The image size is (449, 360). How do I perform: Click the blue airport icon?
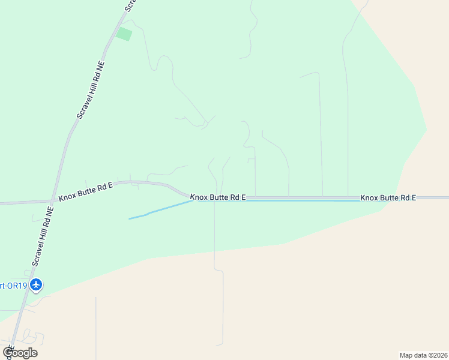(36, 284)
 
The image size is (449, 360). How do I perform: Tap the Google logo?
(20, 353)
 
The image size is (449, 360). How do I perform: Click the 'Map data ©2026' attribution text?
(423, 355)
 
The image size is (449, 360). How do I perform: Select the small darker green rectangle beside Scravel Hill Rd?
(124, 34)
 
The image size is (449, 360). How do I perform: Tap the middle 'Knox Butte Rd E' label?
(218, 197)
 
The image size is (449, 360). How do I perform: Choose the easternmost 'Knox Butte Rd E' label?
(388, 197)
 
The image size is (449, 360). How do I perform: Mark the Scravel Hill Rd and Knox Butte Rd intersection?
(58, 200)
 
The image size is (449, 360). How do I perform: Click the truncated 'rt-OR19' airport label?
(13, 286)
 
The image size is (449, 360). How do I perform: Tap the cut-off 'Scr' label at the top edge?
(130, 5)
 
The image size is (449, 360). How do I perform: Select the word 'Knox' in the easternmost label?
(370, 197)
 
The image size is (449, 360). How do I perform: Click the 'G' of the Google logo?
(8, 352)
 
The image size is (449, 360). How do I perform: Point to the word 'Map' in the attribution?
(406, 355)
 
